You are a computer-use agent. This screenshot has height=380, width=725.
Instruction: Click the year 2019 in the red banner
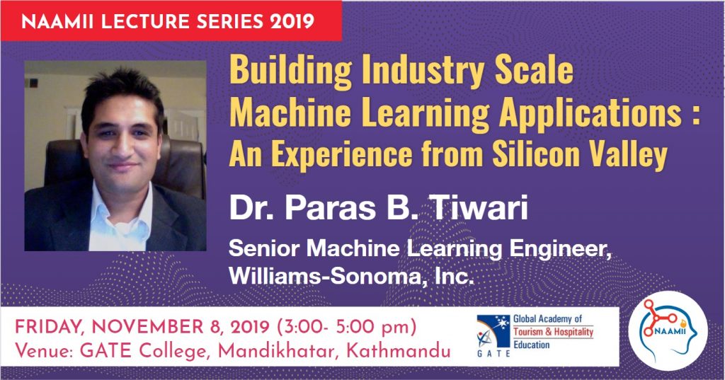click(x=292, y=21)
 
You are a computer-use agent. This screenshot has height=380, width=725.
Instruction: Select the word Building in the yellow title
click(x=290, y=71)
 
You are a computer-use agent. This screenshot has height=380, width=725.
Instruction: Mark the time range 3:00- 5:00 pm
click(x=347, y=328)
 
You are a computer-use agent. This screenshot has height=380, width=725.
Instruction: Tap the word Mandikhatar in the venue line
click(x=277, y=351)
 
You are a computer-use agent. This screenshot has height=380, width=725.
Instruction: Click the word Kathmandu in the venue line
click(x=398, y=351)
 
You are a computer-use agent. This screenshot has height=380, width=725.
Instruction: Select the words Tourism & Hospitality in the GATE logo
click(x=553, y=331)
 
